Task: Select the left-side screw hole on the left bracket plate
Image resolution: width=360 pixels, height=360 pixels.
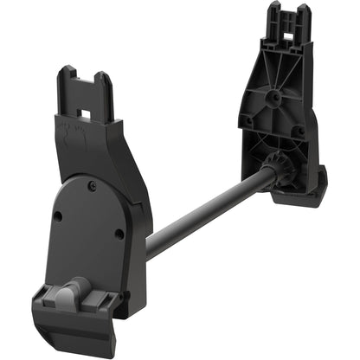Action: click(x=57, y=216)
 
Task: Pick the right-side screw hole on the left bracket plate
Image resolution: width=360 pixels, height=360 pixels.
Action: click(x=119, y=233)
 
